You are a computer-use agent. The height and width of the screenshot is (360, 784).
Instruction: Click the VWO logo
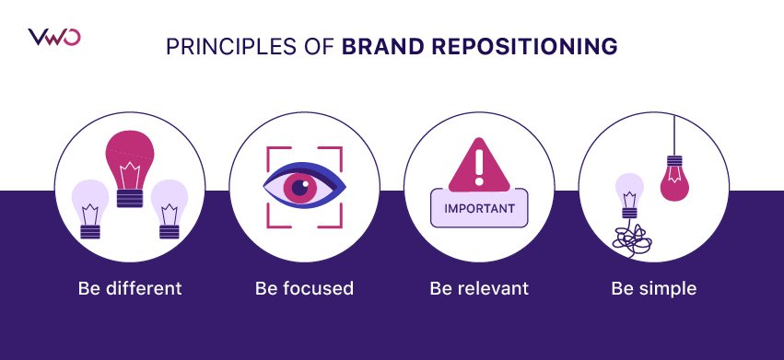[x=54, y=38]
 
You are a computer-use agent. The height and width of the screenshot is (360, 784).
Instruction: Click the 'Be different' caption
[x=129, y=288]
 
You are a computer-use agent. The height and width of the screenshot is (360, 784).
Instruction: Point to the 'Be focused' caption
[x=304, y=288]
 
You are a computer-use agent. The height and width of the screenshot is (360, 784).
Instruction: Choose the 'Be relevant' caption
[x=479, y=288]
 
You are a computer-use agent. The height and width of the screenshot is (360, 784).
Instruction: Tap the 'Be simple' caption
[x=654, y=288]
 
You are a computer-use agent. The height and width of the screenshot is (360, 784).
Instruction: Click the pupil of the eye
[x=299, y=188]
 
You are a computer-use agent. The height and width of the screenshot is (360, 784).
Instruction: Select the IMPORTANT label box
[x=479, y=208]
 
